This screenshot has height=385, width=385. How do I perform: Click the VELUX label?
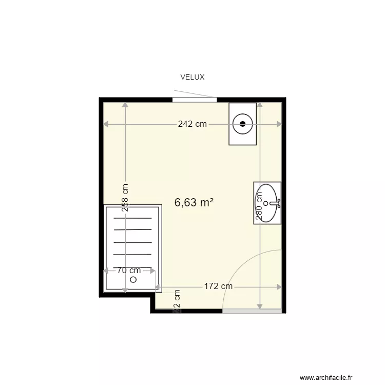pos(192,78)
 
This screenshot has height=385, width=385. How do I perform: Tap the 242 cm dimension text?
pos(192,124)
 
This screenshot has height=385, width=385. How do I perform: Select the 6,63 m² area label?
pos(194,203)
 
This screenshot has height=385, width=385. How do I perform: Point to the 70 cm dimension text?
pos(128,271)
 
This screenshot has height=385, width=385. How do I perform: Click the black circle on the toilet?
pos(243,123)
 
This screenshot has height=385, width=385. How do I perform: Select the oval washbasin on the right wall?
pos(268,203)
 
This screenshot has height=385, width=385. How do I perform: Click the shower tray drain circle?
pos(133,280)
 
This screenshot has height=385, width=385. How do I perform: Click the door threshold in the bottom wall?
pos(252,311)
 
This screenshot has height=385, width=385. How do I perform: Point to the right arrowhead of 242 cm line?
pos(280,124)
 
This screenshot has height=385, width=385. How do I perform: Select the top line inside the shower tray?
pos(132,218)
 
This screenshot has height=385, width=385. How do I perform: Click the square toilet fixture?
pos(243,124)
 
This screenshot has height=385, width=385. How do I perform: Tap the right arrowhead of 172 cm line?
pos(279,287)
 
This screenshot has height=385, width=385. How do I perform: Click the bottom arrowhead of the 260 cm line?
pos(260,306)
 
